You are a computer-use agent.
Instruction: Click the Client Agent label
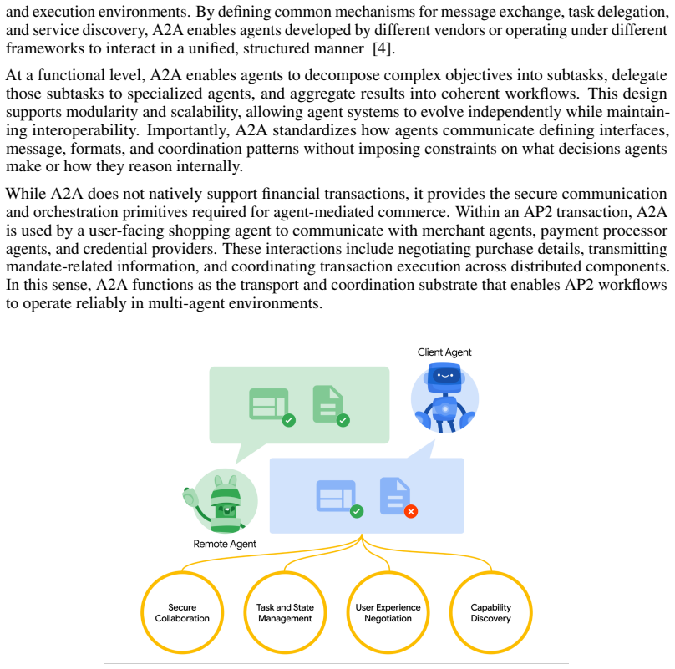coord(444,352)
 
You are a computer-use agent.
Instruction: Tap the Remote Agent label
coord(225,544)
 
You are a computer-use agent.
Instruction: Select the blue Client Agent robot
coord(444,397)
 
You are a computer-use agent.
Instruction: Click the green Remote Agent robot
coord(221,502)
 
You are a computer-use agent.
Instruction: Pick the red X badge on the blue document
coord(411,511)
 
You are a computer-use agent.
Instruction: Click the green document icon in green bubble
coord(328,403)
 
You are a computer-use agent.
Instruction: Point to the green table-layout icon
coord(269,403)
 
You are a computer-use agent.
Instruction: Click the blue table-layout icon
coord(336,496)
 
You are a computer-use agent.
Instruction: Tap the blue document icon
coord(395,496)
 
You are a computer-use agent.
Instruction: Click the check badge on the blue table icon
coord(357,511)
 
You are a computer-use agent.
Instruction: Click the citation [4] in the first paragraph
coord(382,48)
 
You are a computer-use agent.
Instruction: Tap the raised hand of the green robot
coord(190,498)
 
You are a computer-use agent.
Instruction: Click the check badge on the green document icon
coord(343,420)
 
